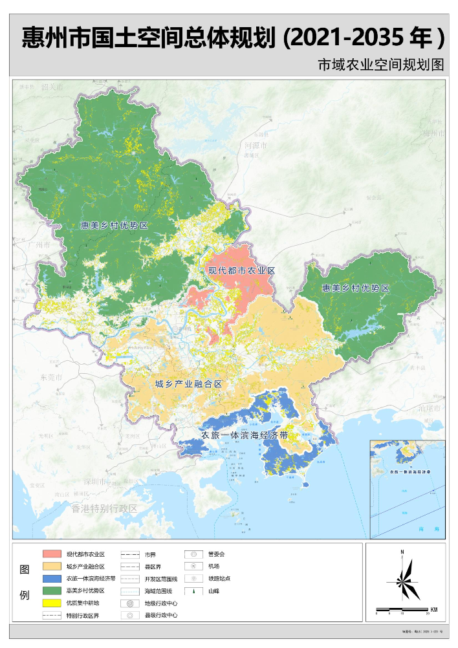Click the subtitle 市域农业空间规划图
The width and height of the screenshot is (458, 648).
click(x=381, y=66)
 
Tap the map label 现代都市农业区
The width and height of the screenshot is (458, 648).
click(x=241, y=270)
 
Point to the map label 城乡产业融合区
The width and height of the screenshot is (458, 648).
click(x=189, y=384)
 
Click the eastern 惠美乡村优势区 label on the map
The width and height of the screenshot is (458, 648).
click(x=356, y=287)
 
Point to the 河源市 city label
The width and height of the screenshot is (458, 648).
click(x=255, y=146)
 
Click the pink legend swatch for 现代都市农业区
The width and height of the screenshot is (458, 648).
click(x=52, y=554)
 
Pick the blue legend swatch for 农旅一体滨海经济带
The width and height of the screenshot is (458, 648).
click(x=52, y=579)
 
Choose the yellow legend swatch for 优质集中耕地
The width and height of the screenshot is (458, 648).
click(x=52, y=603)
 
